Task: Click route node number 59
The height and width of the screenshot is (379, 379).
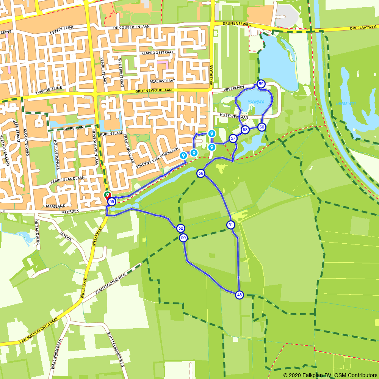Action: click(x=261, y=84)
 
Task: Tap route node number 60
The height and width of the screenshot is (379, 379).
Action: click(x=262, y=127)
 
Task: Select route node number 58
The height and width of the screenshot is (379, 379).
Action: click(x=245, y=130)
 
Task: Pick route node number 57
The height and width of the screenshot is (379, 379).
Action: click(x=233, y=138)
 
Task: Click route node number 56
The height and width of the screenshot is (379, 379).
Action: click(x=201, y=173)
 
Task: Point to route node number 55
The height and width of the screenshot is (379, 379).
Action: click(x=111, y=202)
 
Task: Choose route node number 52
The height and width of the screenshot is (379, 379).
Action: click(x=180, y=228)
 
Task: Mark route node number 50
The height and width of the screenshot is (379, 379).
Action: click(x=183, y=238)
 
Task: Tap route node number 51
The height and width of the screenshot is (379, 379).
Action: click(x=231, y=225)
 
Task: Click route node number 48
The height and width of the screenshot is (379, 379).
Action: click(x=239, y=294)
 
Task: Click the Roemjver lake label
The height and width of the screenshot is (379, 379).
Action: click(x=256, y=102)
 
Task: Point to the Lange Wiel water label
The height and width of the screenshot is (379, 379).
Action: click(x=346, y=103)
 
